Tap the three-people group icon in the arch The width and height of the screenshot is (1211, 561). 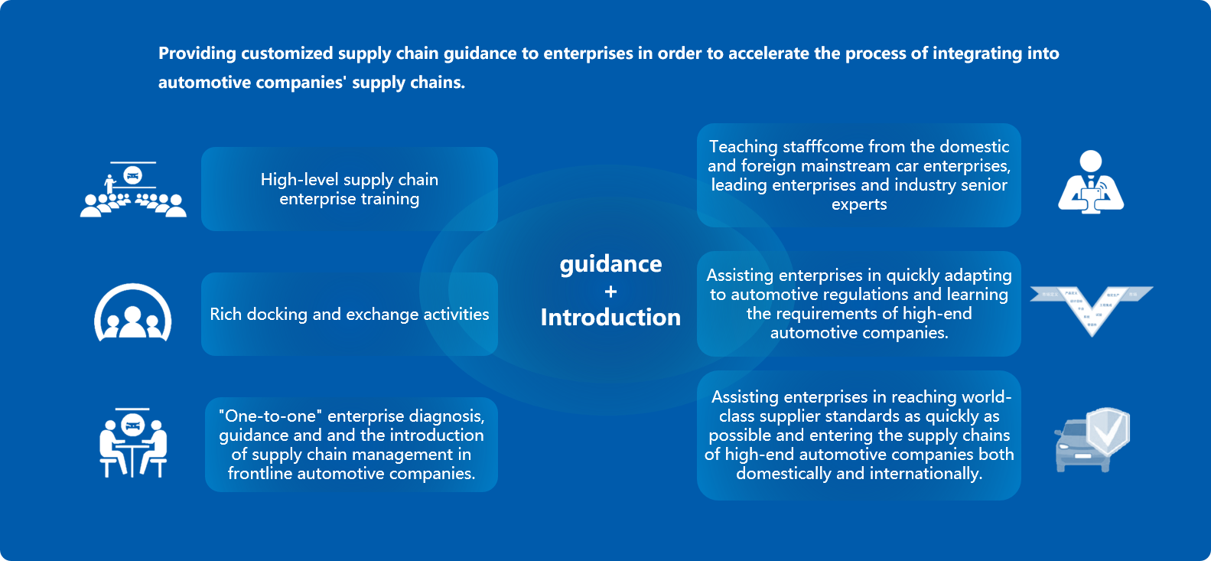coord(132,314)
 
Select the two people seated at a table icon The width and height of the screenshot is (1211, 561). coord(133,443)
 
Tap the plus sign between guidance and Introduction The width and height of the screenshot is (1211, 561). coord(610,292)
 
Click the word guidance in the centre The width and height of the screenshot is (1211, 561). coord(610,264)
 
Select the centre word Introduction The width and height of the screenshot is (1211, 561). coord(610,318)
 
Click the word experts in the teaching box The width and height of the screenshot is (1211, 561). coord(859,204)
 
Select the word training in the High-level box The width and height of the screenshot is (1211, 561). coord(390,199)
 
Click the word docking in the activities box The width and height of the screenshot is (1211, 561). coord(278,315)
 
